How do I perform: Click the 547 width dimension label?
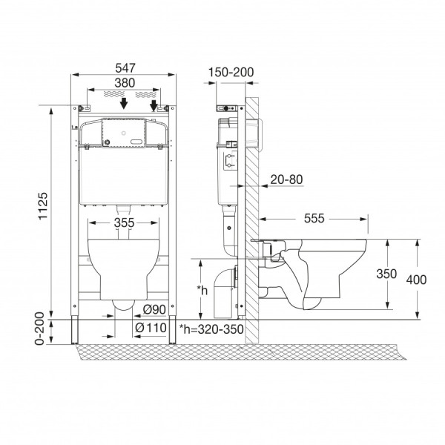125,68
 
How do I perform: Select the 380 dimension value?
125,83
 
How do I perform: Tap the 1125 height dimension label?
43,205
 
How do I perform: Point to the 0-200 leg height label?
39,329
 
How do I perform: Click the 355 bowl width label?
125,222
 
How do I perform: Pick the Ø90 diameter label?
154,309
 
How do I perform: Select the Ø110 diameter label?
151,328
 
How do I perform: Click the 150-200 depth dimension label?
231,72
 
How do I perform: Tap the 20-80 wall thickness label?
286,179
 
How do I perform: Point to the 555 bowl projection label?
314,218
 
